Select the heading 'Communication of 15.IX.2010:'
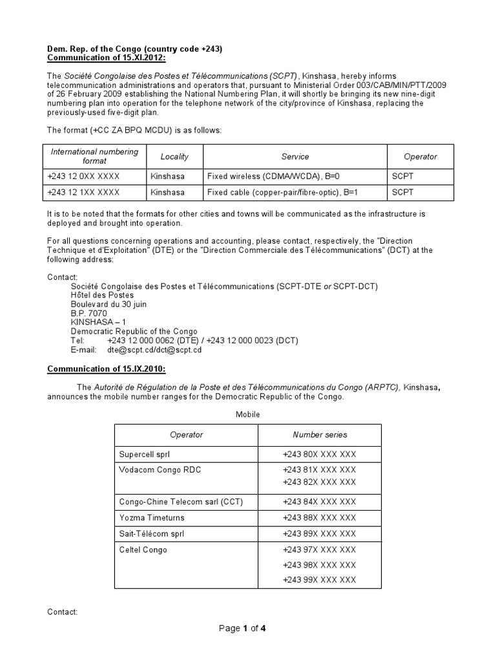[107, 369]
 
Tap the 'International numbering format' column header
[94, 156]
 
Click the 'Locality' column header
[174, 156]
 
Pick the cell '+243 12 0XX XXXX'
[83, 175]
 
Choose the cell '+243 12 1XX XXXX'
[83, 193]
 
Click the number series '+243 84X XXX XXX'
[319, 502]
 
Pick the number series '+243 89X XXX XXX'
[319, 534]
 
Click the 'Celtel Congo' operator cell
[143, 550]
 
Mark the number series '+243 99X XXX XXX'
[319, 580]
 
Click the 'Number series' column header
[319, 435]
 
